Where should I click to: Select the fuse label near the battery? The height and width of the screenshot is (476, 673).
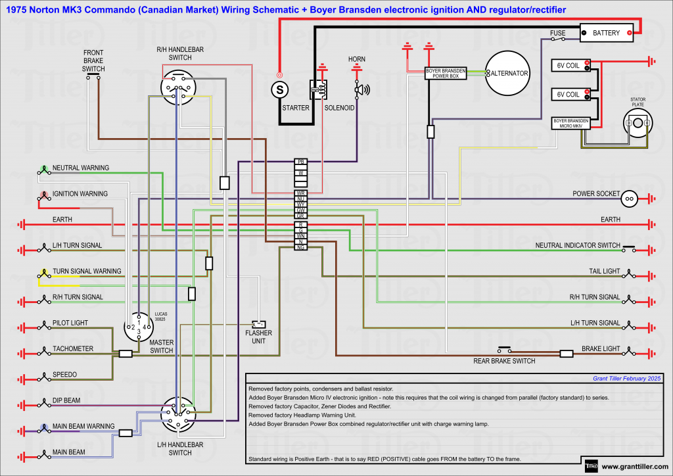coord(558,32)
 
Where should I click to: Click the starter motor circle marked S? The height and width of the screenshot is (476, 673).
coord(280,87)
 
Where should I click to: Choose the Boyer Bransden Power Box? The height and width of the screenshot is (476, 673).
coord(446,73)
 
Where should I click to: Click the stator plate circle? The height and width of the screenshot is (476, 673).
coord(638,123)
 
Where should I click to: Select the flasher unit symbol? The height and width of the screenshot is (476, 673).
coord(259,324)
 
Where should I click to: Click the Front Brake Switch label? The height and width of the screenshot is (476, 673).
coord(93,60)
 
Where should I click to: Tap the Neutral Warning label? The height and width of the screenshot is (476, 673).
coord(81,168)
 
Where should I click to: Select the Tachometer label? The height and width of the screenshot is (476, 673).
coord(73,349)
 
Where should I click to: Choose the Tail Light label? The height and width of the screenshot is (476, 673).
coord(604,272)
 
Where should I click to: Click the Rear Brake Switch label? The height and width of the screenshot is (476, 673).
coord(504,361)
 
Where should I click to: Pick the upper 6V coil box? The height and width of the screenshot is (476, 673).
coord(569,64)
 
